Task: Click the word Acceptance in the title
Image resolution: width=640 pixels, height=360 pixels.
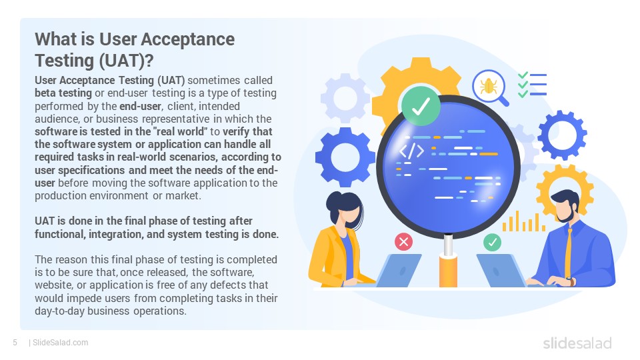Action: pos(188,39)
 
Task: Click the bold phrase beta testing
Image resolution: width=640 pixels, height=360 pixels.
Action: pos(63,93)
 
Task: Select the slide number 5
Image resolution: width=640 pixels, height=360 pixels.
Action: pos(15,343)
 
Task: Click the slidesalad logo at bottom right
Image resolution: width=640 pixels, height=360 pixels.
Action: pos(577,343)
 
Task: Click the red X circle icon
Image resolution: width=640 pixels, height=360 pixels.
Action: pos(404,241)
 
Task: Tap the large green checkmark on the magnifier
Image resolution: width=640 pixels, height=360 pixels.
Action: pos(421,106)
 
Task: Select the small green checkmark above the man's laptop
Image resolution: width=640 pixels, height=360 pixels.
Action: pos(492,242)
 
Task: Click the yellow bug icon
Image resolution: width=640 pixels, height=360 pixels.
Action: pos(489,86)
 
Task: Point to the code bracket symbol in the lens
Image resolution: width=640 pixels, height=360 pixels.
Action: pos(411,151)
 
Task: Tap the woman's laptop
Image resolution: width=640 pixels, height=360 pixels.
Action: pos(398,270)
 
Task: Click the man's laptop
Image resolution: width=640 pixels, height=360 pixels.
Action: pos(501,270)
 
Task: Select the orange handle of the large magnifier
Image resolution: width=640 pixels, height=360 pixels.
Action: pos(448,271)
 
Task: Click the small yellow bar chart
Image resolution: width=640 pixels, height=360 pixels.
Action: pos(524,221)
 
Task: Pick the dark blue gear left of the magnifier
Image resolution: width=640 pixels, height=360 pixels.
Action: pos(345,157)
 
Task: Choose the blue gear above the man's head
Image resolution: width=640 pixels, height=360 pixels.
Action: pos(562,135)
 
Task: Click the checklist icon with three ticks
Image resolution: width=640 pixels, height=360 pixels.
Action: pos(532,85)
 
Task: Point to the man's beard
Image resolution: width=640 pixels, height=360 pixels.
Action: pos(566,215)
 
